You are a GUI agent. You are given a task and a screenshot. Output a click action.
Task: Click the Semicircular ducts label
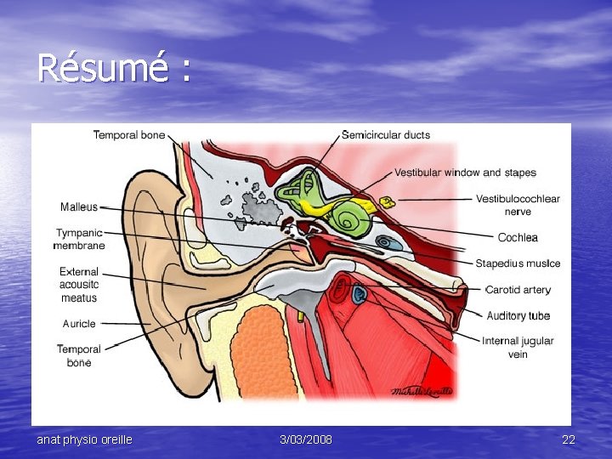[385, 134]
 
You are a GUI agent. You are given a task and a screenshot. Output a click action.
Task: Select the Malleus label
[79, 207]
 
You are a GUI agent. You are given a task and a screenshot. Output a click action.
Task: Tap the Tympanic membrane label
[79, 239]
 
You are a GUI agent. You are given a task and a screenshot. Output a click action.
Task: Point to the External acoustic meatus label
[79, 285]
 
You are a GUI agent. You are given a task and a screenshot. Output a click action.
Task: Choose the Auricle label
[79, 324]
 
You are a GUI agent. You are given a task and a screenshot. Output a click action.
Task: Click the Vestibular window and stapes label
[465, 173]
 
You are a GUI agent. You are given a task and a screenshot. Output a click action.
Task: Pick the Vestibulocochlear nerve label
[518, 205]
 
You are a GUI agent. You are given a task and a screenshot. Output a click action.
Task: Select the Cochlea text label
[518, 237]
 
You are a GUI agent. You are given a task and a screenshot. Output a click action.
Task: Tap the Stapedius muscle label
[518, 263]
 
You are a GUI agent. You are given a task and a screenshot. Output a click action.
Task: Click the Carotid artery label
[518, 290]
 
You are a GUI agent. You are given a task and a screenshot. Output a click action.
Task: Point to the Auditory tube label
[518, 316]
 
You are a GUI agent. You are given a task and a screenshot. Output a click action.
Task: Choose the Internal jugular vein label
[518, 348]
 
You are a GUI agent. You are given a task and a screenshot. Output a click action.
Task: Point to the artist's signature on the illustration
[422, 391]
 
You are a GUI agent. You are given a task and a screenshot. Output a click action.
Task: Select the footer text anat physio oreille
[84, 439]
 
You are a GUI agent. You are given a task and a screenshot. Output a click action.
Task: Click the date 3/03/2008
[306, 439]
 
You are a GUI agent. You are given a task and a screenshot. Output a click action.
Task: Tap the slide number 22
[569, 439]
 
